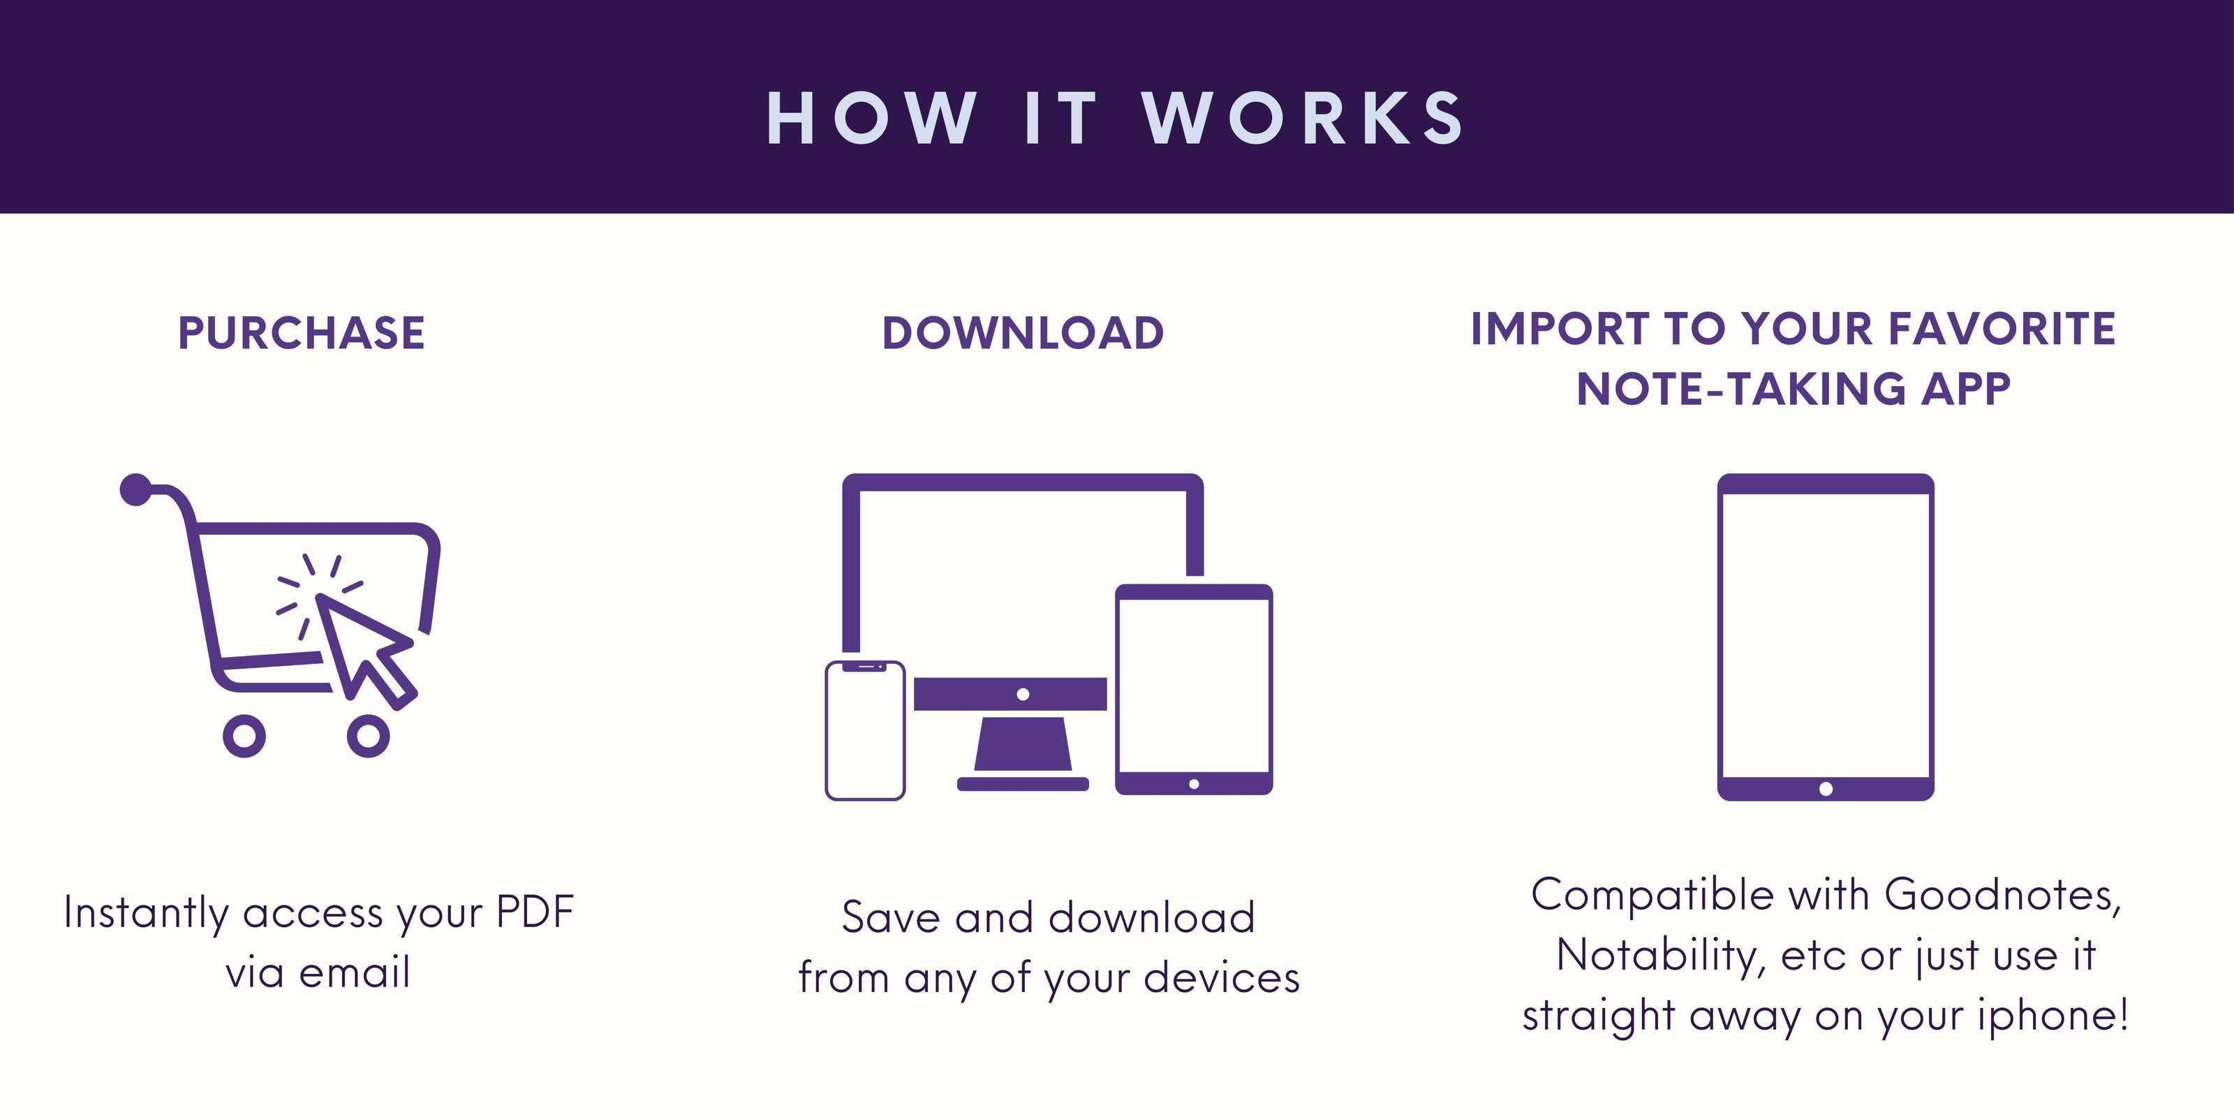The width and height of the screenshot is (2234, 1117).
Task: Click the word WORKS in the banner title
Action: (1303, 117)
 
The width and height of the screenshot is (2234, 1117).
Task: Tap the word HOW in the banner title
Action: (871, 117)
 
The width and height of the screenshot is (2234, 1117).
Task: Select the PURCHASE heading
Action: (302, 333)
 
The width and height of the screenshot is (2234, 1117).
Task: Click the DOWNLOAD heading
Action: (1023, 333)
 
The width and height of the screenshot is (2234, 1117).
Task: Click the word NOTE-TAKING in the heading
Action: (1740, 389)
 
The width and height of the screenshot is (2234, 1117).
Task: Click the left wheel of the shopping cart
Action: (244, 735)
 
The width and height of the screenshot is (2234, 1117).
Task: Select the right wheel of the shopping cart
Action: (369, 735)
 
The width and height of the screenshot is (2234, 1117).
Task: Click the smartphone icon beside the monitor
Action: (865, 730)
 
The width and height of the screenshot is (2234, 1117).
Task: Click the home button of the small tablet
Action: (1194, 784)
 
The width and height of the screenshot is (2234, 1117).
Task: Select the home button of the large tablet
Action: (1826, 789)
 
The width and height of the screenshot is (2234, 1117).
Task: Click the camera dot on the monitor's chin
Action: (1023, 694)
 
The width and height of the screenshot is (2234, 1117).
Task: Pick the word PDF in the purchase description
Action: (535, 912)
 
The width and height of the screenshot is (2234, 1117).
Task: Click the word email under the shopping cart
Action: (354, 972)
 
